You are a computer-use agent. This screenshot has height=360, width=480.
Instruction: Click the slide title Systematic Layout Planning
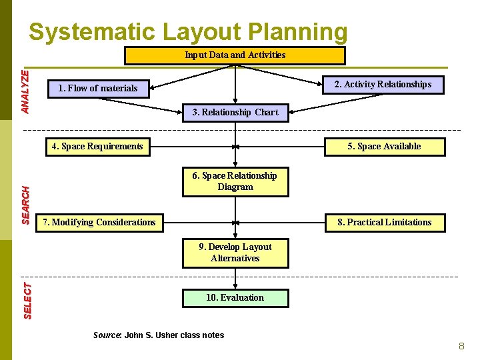[x=188, y=32]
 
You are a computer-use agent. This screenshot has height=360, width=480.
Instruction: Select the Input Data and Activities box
[x=235, y=55]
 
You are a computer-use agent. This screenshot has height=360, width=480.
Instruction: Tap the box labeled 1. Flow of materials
[x=99, y=88]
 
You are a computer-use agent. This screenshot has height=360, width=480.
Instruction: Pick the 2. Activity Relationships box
[x=383, y=84]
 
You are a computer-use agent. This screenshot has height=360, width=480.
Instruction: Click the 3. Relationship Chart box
[x=235, y=113]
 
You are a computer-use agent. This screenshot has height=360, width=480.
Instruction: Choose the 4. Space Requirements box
[x=98, y=147]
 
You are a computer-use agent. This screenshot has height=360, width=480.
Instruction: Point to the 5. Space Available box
[x=385, y=147]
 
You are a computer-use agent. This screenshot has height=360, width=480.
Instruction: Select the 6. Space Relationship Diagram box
[x=235, y=181]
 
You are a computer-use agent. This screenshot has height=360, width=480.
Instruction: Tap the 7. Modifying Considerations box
[x=99, y=222]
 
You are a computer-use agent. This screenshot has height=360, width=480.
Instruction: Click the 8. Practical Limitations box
[x=385, y=222]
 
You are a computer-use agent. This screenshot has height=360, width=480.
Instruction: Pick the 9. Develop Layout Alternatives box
[x=235, y=253]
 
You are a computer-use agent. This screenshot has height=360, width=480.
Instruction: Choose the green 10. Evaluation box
[x=235, y=298]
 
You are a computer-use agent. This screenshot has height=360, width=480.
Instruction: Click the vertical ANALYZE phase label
[x=25, y=91]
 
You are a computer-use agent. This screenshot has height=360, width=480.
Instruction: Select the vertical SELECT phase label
[x=27, y=300]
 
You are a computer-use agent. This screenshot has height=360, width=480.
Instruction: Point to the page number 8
[x=461, y=346]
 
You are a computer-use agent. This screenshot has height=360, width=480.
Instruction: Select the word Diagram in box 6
[x=235, y=187]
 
